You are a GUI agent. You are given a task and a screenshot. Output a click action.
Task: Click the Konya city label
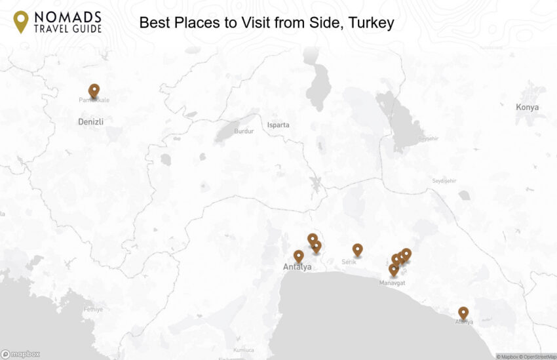[x=527, y=107]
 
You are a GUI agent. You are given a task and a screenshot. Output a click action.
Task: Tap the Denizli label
[x=91, y=121]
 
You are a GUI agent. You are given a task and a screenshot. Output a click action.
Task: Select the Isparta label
[x=278, y=125]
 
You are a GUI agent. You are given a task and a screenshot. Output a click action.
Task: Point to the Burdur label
[x=244, y=131]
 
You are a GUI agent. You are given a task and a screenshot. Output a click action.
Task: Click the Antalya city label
[x=298, y=267]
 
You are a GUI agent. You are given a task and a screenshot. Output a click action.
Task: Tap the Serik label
[x=349, y=262]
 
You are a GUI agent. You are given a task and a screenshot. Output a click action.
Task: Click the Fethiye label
[x=93, y=309]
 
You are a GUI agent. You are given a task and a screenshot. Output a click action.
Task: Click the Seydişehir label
[x=444, y=180]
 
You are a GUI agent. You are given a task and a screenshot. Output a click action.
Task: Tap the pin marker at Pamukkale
[x=94, y=90]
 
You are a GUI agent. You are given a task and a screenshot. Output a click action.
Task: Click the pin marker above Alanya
[x=463, y=313]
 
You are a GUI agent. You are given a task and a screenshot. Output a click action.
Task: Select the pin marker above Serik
[x=357, y=249]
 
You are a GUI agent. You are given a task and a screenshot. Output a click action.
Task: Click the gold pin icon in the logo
[x=21, y=21]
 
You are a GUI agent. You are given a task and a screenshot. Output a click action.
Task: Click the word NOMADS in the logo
[x=67, y=16]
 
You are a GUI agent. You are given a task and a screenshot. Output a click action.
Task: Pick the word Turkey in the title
[x=372, y=24]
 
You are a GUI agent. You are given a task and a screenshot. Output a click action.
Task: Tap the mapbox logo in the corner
[x=20, y=354]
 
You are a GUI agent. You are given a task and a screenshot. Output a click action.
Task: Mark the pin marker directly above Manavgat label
[x=393, y=269]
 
